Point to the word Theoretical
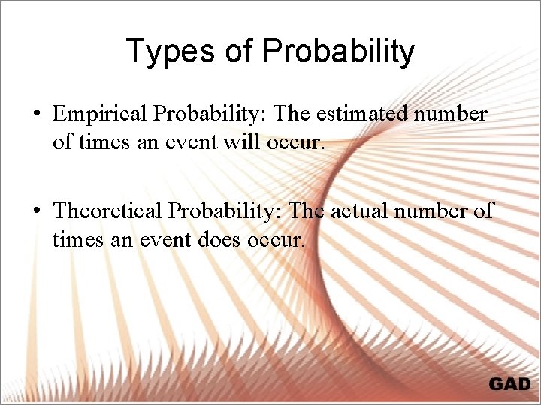(x=107, y=211)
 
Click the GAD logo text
(x=509, y=384)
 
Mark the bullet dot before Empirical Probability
(x=36, y=115)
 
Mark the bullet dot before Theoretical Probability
(x=36, y=211)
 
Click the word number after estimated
(x=452, y=114)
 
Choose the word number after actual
(x=437, y=211)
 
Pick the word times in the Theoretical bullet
(x=75, y=240)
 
